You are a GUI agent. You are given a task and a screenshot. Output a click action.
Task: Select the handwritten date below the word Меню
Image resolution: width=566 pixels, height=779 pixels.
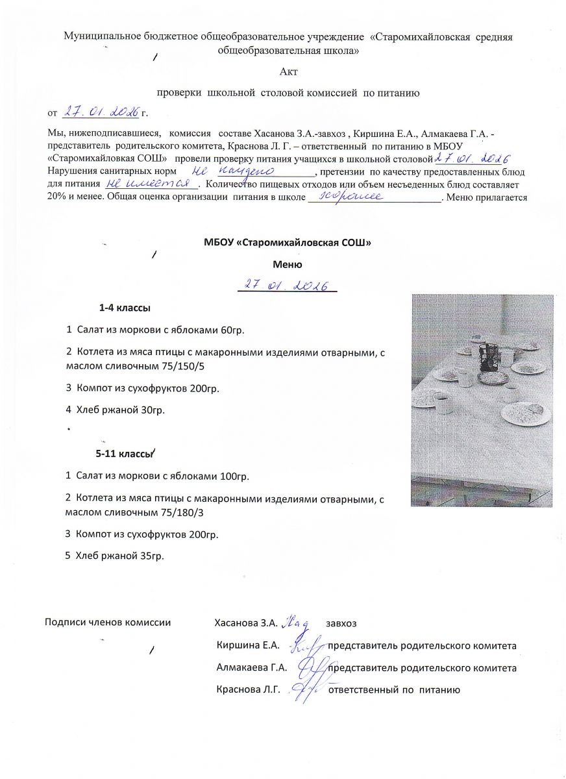[x=286, y=285]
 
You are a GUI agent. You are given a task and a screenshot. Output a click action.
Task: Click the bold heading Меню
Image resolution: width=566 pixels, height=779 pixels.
[x=288, y=264]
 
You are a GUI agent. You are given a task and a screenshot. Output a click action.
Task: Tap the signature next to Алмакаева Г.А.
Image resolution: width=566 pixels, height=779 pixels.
[x=311, y=666]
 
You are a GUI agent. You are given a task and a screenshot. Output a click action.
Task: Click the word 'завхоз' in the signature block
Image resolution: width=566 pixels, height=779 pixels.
[x=342, y=623]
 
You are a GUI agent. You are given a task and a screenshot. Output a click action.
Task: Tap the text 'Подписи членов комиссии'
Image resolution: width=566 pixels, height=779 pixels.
[x=108, y=623]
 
